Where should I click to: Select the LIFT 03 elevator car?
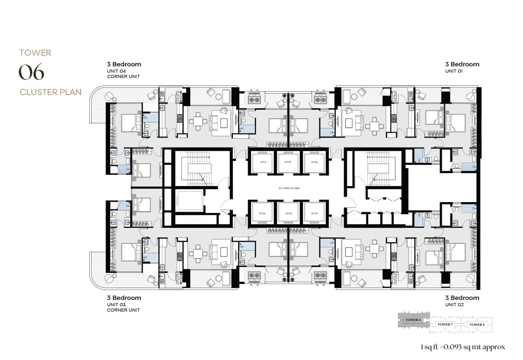coord(313,162)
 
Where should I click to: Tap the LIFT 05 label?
coord(287,213)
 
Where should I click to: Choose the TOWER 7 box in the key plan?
coord(445,324)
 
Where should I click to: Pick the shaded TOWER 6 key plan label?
coord(413,320)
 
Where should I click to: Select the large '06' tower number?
coord(31,73)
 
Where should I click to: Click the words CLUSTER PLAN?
coord(50,92)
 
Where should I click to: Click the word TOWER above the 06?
coord(35,53)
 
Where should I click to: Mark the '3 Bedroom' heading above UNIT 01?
coord(462,64)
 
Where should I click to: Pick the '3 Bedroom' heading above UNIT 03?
coord(124,298)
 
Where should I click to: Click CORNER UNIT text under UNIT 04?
coord(123,76)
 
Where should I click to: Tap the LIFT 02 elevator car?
coord(287,162)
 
